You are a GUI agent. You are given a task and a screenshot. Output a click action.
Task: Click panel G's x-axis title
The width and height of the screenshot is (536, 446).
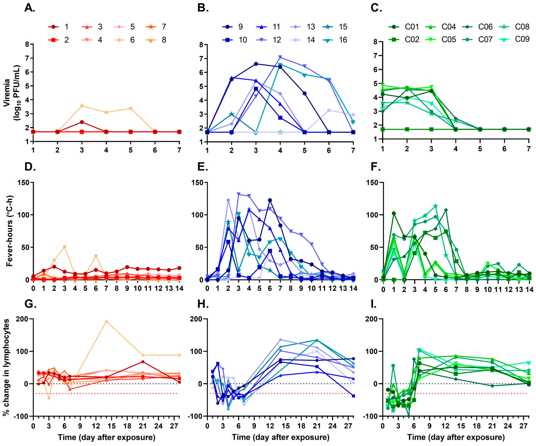click(x=106, y=438)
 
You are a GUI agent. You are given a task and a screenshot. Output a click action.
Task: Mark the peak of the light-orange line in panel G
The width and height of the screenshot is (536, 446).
click(x=106, y=321)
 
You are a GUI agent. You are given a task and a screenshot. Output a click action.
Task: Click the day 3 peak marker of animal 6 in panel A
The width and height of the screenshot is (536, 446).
click(x=82, y=106)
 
